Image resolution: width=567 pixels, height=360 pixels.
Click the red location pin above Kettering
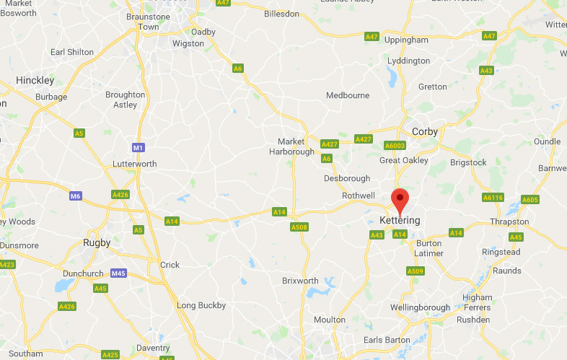[400, 198]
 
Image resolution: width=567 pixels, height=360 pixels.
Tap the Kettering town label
[400, 220]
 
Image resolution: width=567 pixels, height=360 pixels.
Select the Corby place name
[425, 131]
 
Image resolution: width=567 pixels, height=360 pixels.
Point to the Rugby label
[97, 242]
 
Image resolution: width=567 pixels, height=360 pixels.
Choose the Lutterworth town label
[134, 164]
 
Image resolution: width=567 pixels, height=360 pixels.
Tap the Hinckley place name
[35, 80]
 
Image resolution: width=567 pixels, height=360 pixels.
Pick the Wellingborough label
[420, 308]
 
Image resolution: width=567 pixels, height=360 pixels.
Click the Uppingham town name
[406, 40]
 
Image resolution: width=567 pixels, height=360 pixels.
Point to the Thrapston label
[509, 221]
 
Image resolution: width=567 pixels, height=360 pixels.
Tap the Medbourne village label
[348, 95]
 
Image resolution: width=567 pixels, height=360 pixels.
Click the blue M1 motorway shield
[139, 148]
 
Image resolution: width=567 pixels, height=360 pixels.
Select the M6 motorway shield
[76, 196]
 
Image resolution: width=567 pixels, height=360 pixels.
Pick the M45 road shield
[119, 273]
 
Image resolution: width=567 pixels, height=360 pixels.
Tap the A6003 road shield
[395, 146]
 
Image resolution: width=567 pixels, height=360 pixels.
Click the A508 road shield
[299, 227]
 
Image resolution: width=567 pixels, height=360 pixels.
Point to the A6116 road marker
[493, 198]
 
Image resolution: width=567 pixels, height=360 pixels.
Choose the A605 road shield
[529, 200]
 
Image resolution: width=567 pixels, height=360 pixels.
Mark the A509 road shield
[414, 271]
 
